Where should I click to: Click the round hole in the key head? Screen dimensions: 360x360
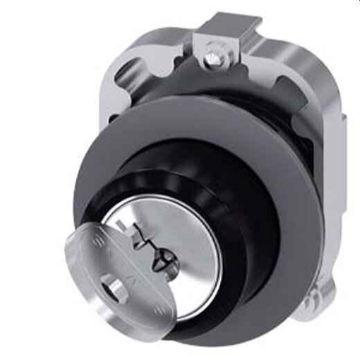pyautogui.click(x=110, y=285)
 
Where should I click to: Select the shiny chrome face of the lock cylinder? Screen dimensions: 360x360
pyautogui.click(x=183, y=267)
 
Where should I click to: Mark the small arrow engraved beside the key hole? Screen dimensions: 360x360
pyautogui.click(x=128, y=282)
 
